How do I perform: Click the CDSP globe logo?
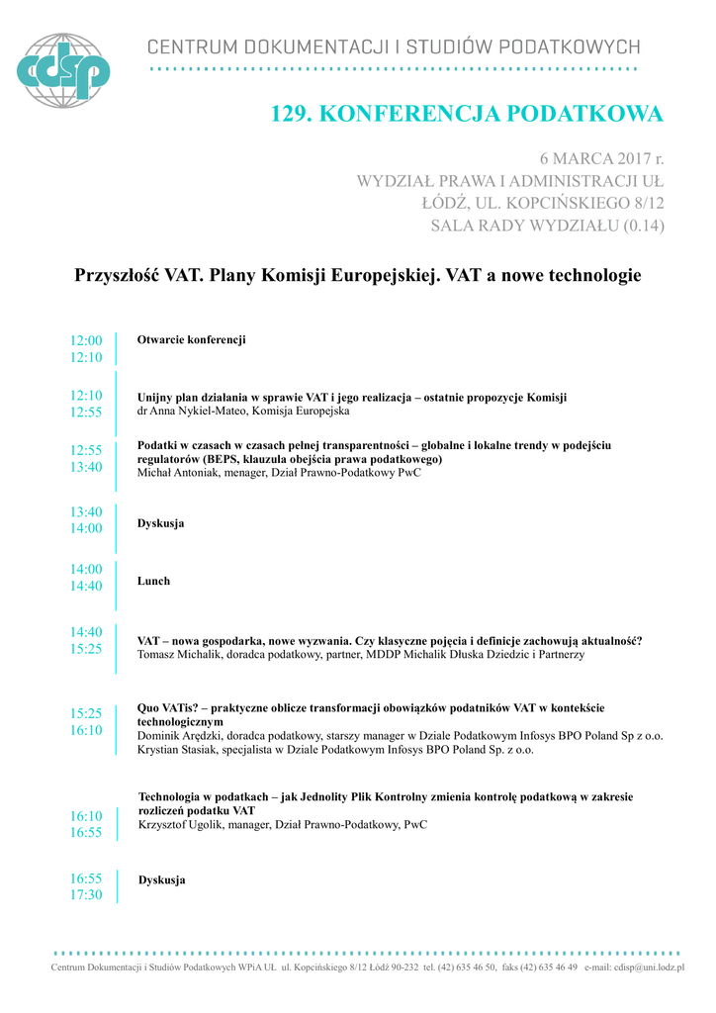[63, 70]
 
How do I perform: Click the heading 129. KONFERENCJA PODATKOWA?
[467, 115]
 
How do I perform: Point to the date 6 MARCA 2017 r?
[601, 158]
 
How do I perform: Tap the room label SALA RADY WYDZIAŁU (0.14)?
[547, 226]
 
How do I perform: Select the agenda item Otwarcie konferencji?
[191, 340]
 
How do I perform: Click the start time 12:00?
[86, 340]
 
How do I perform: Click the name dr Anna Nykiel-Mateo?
[192, 411]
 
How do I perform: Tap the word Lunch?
[153, 581]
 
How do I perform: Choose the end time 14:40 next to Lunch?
[86, 586]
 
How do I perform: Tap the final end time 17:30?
[86, 894]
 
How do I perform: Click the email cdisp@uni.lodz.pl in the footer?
[650, 967]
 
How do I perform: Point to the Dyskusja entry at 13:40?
[160, 522]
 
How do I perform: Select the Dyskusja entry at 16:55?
[162, 879]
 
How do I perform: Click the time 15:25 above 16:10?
[86, 712]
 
